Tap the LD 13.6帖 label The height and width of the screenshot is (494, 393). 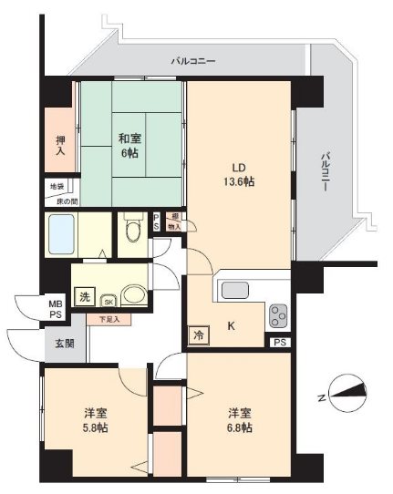(241, 175)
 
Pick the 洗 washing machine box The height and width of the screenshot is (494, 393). (84, 296)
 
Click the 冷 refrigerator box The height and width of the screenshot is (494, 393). (198, 335)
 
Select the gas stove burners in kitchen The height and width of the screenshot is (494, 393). (278, 315)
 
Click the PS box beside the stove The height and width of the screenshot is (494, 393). (278, 343)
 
